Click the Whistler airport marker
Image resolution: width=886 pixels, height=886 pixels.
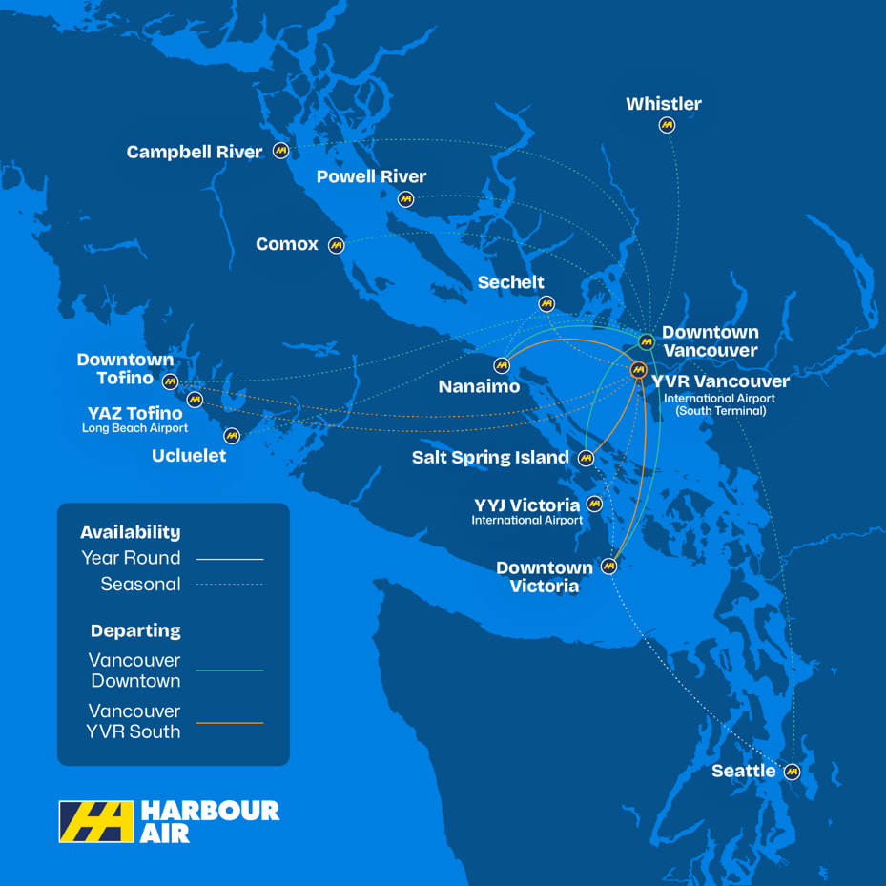[667, 125]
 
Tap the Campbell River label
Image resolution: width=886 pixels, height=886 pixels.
[195, 152]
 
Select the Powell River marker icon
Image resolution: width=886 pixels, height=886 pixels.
[405, 199]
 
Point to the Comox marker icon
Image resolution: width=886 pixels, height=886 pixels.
[336, 245]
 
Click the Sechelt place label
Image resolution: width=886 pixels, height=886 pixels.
[510, 281]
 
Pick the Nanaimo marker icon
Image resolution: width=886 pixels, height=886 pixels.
[502, 365]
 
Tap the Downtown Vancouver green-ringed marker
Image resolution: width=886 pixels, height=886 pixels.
[646, 341]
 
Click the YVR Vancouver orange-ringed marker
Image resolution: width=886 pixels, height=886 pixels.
[638, 370]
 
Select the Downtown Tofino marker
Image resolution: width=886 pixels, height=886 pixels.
[170, 381]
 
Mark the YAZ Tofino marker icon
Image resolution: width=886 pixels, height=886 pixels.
[195, 399]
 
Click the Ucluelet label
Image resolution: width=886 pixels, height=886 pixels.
[189, 456]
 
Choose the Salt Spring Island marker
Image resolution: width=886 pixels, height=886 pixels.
[587, 459]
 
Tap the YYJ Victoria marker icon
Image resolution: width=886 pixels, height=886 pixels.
[594, 504]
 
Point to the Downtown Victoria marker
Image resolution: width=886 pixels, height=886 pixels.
[608, 566]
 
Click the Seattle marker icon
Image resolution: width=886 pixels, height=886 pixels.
[792, 772]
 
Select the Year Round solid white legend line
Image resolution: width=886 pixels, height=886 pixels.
[230, 558]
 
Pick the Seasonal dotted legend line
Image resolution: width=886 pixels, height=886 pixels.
[230, 585]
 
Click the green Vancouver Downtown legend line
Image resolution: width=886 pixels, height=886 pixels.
[230, 670]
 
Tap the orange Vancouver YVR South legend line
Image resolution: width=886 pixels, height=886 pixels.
[230, 722]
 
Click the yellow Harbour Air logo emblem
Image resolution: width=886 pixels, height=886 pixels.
[96, 821]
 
